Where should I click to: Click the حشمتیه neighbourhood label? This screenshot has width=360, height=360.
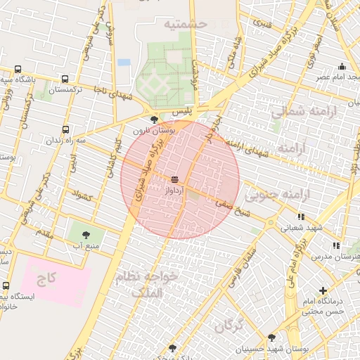coord(186,24)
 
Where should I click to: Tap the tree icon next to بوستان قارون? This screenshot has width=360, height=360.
coord(154,120)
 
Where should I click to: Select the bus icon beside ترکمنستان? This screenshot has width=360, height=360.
coord(65,79)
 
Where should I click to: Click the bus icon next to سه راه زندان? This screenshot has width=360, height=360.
coord(65,130)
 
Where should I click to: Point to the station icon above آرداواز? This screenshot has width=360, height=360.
coord(174,180)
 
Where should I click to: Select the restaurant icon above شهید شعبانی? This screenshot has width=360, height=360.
coord(302,217)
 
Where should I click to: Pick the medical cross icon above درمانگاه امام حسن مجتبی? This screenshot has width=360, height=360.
coord(323,290)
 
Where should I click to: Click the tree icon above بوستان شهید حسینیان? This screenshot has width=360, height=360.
coord(271,337)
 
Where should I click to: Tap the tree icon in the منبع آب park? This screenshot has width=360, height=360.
coord(86,235)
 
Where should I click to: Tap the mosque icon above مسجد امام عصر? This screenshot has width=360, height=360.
coord(342,66)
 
